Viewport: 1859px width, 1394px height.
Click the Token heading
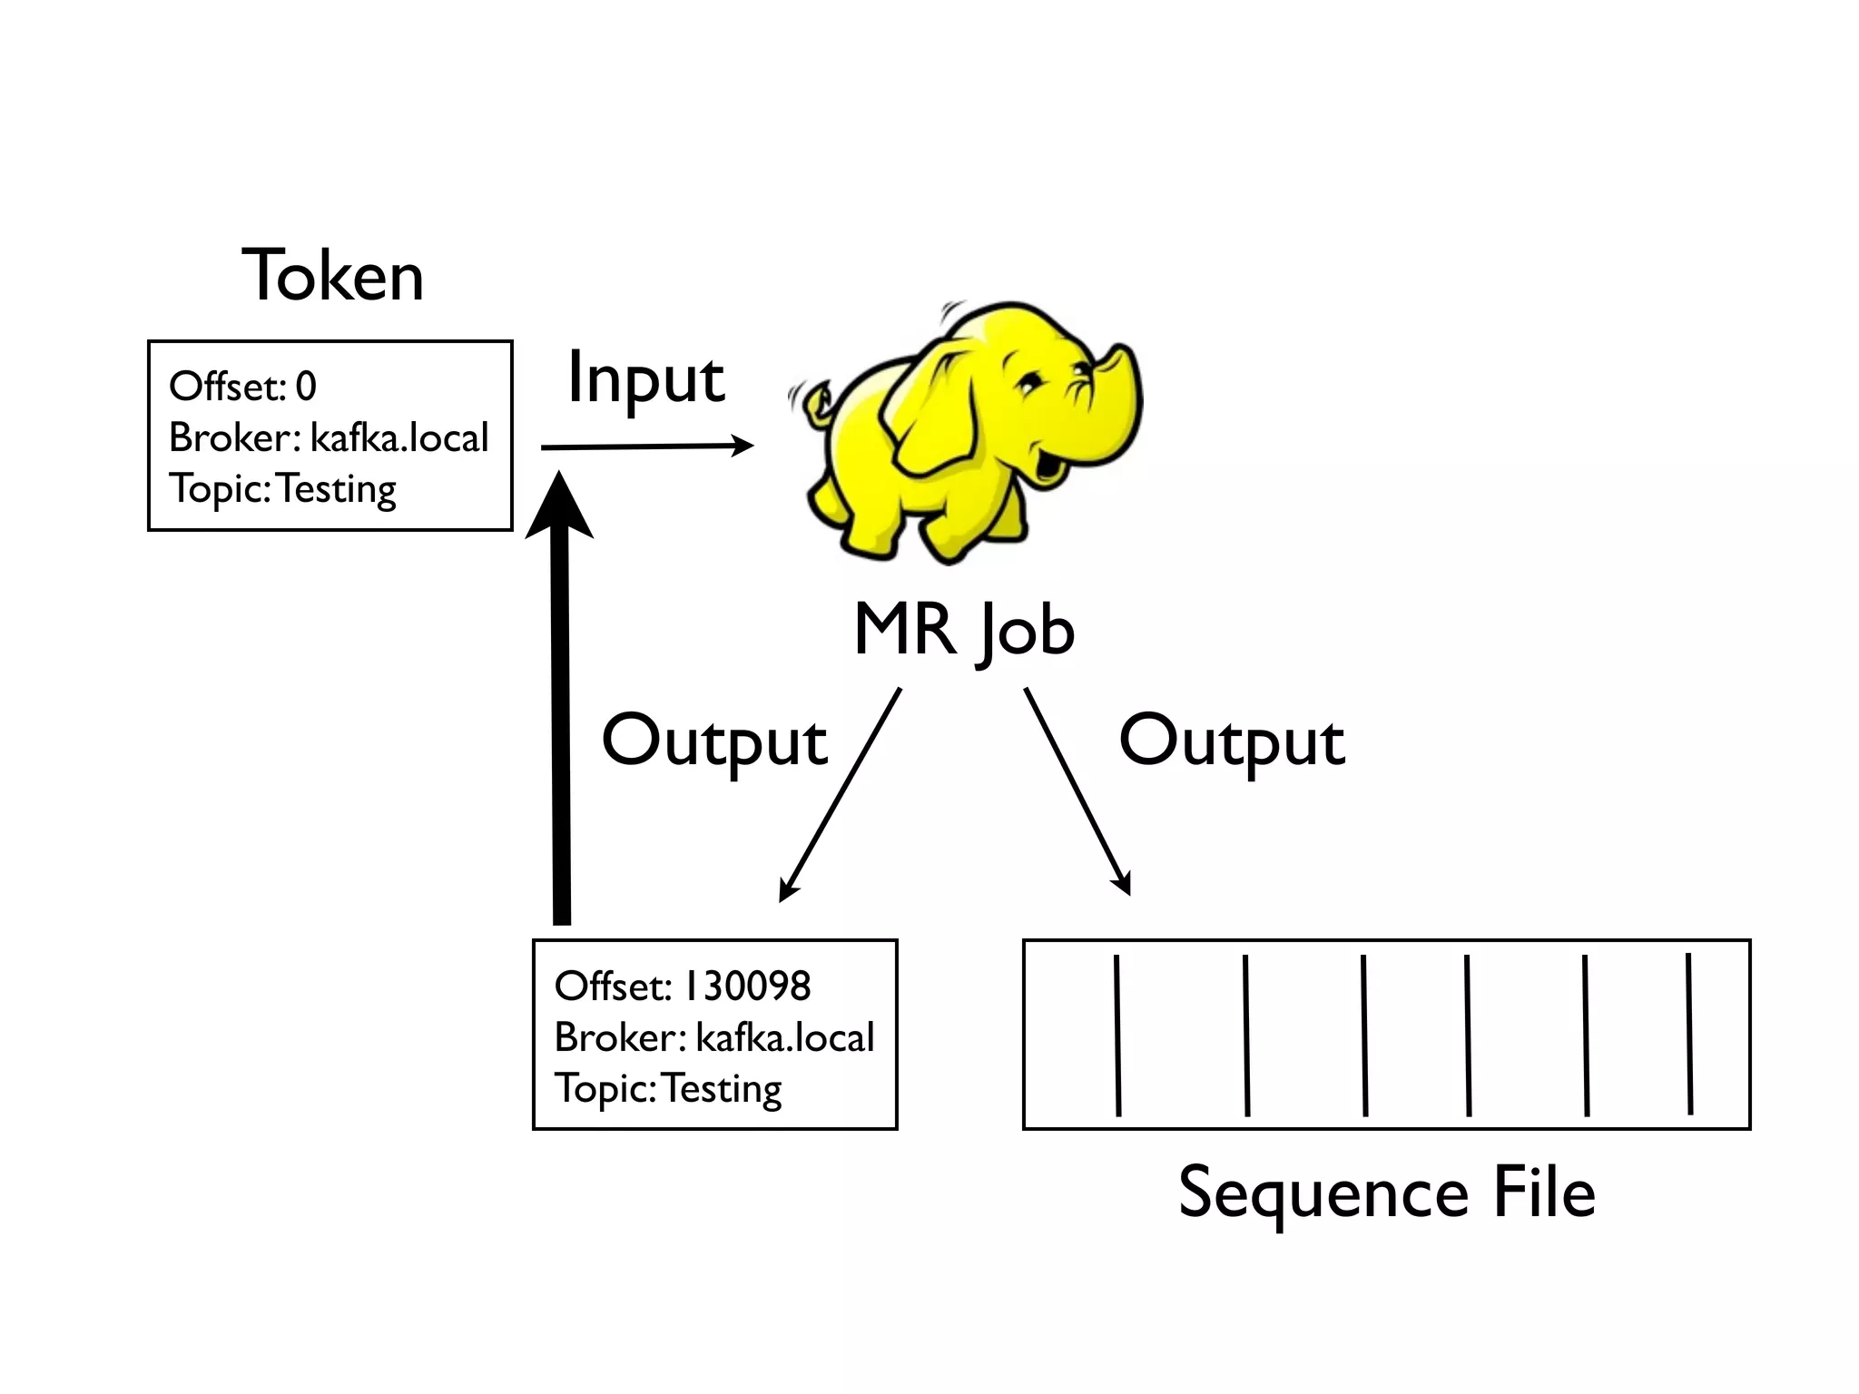332,276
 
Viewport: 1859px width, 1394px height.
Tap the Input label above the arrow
645,379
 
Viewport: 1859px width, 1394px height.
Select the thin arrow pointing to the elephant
646,446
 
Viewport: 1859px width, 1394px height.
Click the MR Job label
964,630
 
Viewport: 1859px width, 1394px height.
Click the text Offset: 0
243,387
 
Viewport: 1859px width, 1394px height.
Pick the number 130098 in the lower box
746,987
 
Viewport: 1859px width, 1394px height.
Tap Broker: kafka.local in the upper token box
329,437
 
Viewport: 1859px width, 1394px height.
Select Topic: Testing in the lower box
668,1088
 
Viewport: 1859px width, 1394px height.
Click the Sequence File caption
1386,1193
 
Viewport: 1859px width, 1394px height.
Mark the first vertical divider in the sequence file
1117,1035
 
